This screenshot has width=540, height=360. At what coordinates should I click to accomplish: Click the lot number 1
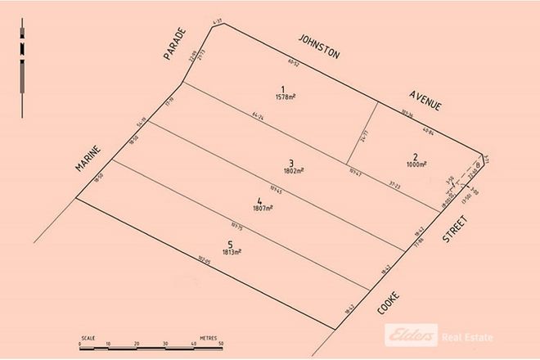point(282,89)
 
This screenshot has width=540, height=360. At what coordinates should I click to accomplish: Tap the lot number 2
point(416,156)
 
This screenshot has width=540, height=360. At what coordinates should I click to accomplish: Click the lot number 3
point(291,162)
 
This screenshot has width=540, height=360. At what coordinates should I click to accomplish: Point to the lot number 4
point(261,200)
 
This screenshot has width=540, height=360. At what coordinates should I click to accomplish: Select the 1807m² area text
point(261,209)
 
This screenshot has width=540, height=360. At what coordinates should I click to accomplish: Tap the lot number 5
point(231,243)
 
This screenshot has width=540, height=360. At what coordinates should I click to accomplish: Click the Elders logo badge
point(409,335)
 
